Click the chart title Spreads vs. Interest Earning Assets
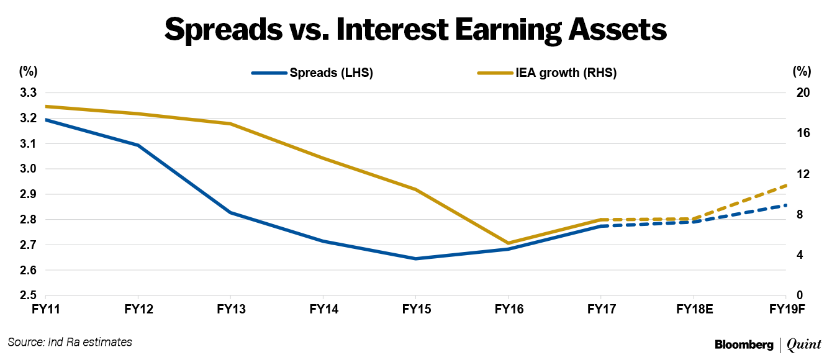pos(415,29)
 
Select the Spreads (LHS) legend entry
pos(331,73)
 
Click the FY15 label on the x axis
pos(415,308)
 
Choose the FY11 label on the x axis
pos(47,308)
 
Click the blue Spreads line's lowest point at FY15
pos(415,258)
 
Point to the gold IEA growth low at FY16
pos(509,243)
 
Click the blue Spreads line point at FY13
pos(230,212)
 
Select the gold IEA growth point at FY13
pos(230,124)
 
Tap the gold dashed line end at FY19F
pos(786,185)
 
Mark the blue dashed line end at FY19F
pos(786,205)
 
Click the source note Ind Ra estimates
pos(70,342)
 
